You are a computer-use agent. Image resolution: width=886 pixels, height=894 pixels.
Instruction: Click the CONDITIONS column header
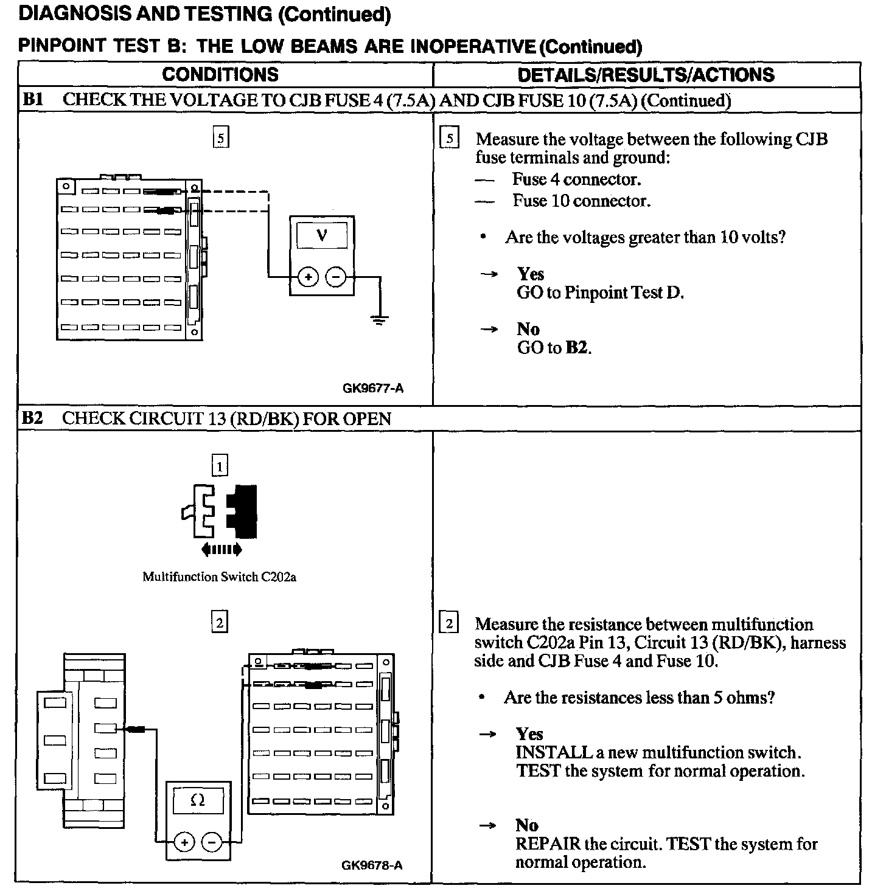pyautogui.click(x=220, y=75)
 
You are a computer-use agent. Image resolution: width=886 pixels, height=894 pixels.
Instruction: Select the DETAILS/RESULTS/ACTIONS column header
pyautogui.click(x=646, y=75)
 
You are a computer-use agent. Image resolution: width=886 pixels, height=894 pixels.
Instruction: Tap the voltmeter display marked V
pyautogui.click(x=322, y=235)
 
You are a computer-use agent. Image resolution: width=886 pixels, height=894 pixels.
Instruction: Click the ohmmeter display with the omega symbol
pyautogui.click(x=198, y=801)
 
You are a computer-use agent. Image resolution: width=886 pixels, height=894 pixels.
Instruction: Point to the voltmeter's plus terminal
pyautogui.click(x=308, y=277)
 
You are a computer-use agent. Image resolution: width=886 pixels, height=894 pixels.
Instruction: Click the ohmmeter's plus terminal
pyautogui.click(x=184, y=842)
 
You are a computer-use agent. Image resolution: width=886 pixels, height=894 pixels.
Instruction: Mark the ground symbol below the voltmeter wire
pyautogui.click(x=379, y=321)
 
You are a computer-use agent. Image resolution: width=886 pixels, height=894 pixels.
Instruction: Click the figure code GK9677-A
pyautogui.click(x=373, y=388)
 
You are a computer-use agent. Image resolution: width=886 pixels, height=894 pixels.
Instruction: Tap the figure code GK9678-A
pyautogui.click(x=372, y=865)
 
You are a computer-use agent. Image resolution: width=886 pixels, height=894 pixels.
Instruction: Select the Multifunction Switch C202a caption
pyautogui.click(x=219, y=577)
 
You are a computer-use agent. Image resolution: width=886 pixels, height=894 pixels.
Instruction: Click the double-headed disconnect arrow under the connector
pyautogui.click(x=221, y=550)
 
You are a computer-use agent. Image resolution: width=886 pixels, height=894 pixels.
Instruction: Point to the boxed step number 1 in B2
pyautogui.click(x=219, y=466)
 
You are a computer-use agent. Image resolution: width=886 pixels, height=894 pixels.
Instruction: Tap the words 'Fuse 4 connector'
pyautogui.click(x=576, y=179)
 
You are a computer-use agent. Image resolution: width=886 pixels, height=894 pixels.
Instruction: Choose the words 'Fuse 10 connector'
pyautogui.click(x=581, y=201)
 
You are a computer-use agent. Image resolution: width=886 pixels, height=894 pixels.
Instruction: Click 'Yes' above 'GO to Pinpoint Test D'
pyautogui.click(x=531, y=274)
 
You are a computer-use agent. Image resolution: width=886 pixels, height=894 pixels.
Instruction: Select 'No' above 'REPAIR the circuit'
pyautogui.click(x=527, y=825)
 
